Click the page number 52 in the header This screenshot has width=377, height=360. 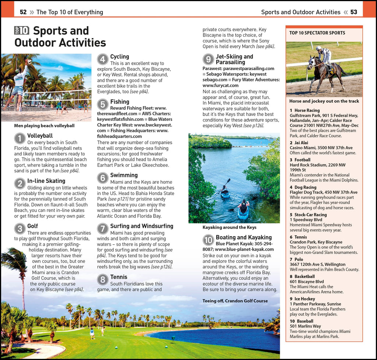coord(23,12)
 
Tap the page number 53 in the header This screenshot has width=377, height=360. coord(353,12)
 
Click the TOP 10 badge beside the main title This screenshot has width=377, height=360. coord(22,31)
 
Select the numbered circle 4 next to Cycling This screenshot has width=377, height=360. coord(103,60)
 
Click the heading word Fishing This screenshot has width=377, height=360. coord(120,102)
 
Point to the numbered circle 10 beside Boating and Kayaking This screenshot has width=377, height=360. coord(208,240)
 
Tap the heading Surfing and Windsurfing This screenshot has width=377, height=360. coord(141,226)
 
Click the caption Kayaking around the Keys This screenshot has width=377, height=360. coord(229,227)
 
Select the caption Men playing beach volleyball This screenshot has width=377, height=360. coord(44,126)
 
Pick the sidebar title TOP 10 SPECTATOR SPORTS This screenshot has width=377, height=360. coord(317,33)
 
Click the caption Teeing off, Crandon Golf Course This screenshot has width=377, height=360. coord(235,301)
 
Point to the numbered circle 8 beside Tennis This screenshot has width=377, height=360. coord(103,280)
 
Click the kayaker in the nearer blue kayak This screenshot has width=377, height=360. coord(243,206)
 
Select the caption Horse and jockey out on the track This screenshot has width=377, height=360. coord(324,101)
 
